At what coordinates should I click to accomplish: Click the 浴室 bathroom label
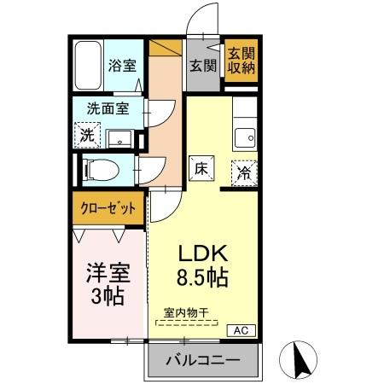coord(121,66)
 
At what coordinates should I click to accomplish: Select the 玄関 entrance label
coord(202,65)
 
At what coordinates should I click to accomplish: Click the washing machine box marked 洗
coord(87,135)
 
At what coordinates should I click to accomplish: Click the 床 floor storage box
coord(202,169)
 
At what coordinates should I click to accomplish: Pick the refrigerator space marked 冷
coord(244,172)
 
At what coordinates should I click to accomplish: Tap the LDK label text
coord(201,254)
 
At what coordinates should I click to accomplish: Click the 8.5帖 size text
coord(202,278)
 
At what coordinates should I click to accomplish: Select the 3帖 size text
coord(106,298)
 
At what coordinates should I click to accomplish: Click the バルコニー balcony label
coord(202,360)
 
